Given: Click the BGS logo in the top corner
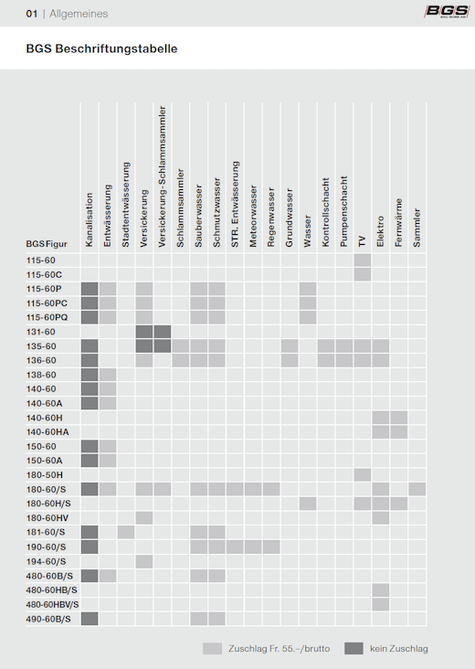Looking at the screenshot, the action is (447, 12).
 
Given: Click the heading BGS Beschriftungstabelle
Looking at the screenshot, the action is (101, 48).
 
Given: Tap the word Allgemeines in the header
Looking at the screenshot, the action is (79, 14).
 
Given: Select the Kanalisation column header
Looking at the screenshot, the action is (90, 219).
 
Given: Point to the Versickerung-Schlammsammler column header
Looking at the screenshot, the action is (162, 176).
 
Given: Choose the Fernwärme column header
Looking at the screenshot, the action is (398, 223).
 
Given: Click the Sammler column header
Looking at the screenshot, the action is (417, 228).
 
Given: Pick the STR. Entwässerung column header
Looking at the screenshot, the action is (235, 205).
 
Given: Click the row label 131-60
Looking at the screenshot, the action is (41, 332).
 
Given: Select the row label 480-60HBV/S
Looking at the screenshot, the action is (52, 605).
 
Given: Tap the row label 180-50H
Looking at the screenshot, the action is (45, 475).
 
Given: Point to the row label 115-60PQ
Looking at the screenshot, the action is (47, 317).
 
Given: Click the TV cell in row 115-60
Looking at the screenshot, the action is (363, 260).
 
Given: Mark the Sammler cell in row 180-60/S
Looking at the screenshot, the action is (417, 489).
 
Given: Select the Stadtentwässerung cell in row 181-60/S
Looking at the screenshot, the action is (126, 533).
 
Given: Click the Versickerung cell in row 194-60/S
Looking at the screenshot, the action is (144, 561).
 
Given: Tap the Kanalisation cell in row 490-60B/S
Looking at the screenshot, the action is (90, 619).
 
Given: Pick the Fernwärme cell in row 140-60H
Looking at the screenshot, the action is (398, 418).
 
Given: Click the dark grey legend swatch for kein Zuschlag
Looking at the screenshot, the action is (354, 649).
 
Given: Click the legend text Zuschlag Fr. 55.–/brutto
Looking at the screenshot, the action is (280, 649).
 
